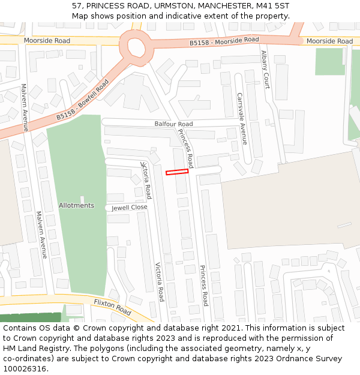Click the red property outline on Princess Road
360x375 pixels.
(177, 172)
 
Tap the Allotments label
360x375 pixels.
(76, 206)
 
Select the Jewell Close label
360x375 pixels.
(129, 208)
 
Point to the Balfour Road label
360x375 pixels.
(173, 124)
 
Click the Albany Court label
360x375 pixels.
(265, 69)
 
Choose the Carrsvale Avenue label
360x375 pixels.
(242, 118)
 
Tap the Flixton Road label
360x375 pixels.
(112, 308)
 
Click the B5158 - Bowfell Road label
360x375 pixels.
(82, 100)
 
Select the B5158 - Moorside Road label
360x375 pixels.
(224, 41)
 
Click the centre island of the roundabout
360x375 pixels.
(136, 46)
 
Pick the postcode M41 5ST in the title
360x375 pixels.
(271, 5)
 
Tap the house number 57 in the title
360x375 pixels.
(77, 5)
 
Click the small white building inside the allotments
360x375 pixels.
(82, 199)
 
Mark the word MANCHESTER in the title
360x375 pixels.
(221, 5)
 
